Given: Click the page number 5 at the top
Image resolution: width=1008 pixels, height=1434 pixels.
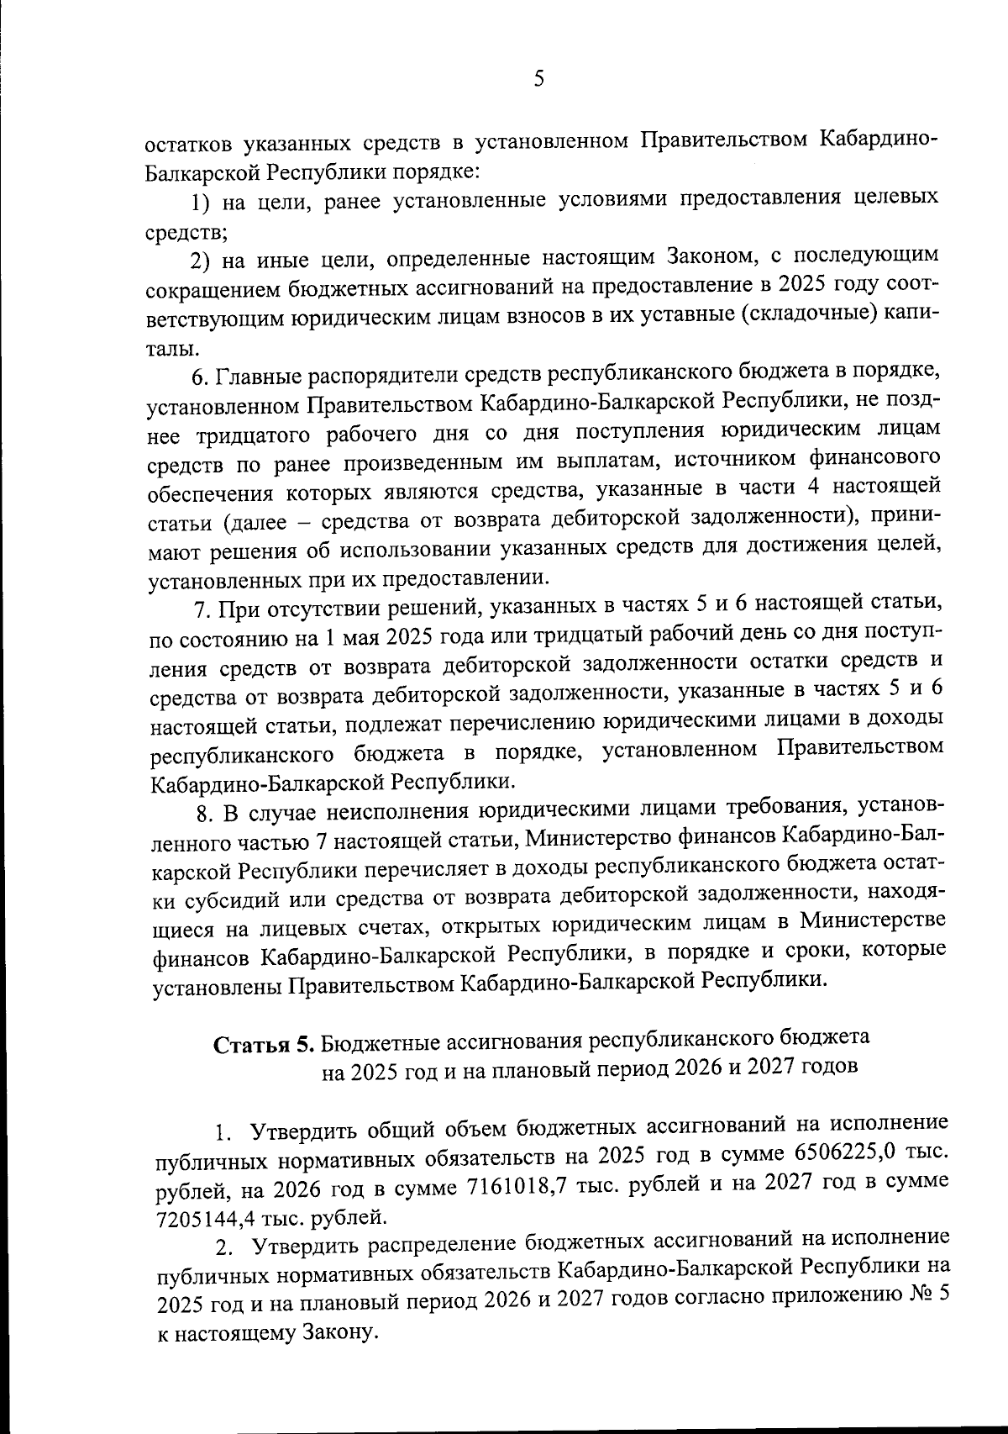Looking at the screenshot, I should pos(538,79).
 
